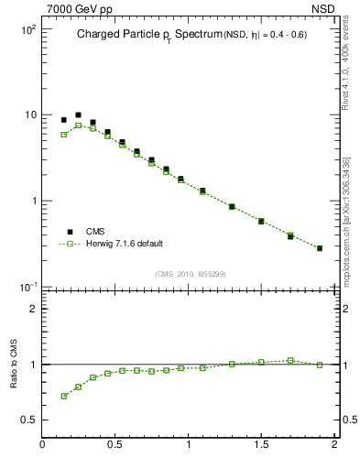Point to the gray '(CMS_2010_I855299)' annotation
pos(191,274)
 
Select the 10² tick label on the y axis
pos(27,29)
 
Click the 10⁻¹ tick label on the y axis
pos(27,287)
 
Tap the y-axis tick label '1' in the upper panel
pos(33,201)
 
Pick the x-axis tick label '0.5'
pos(115,445)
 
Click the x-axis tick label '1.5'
pos(261,445)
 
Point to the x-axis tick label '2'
pos(334,445)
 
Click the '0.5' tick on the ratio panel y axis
pos(28,420)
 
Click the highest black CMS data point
pos(78,115)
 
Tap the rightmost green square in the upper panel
pos(319,248)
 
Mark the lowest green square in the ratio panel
pos(63,396)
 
